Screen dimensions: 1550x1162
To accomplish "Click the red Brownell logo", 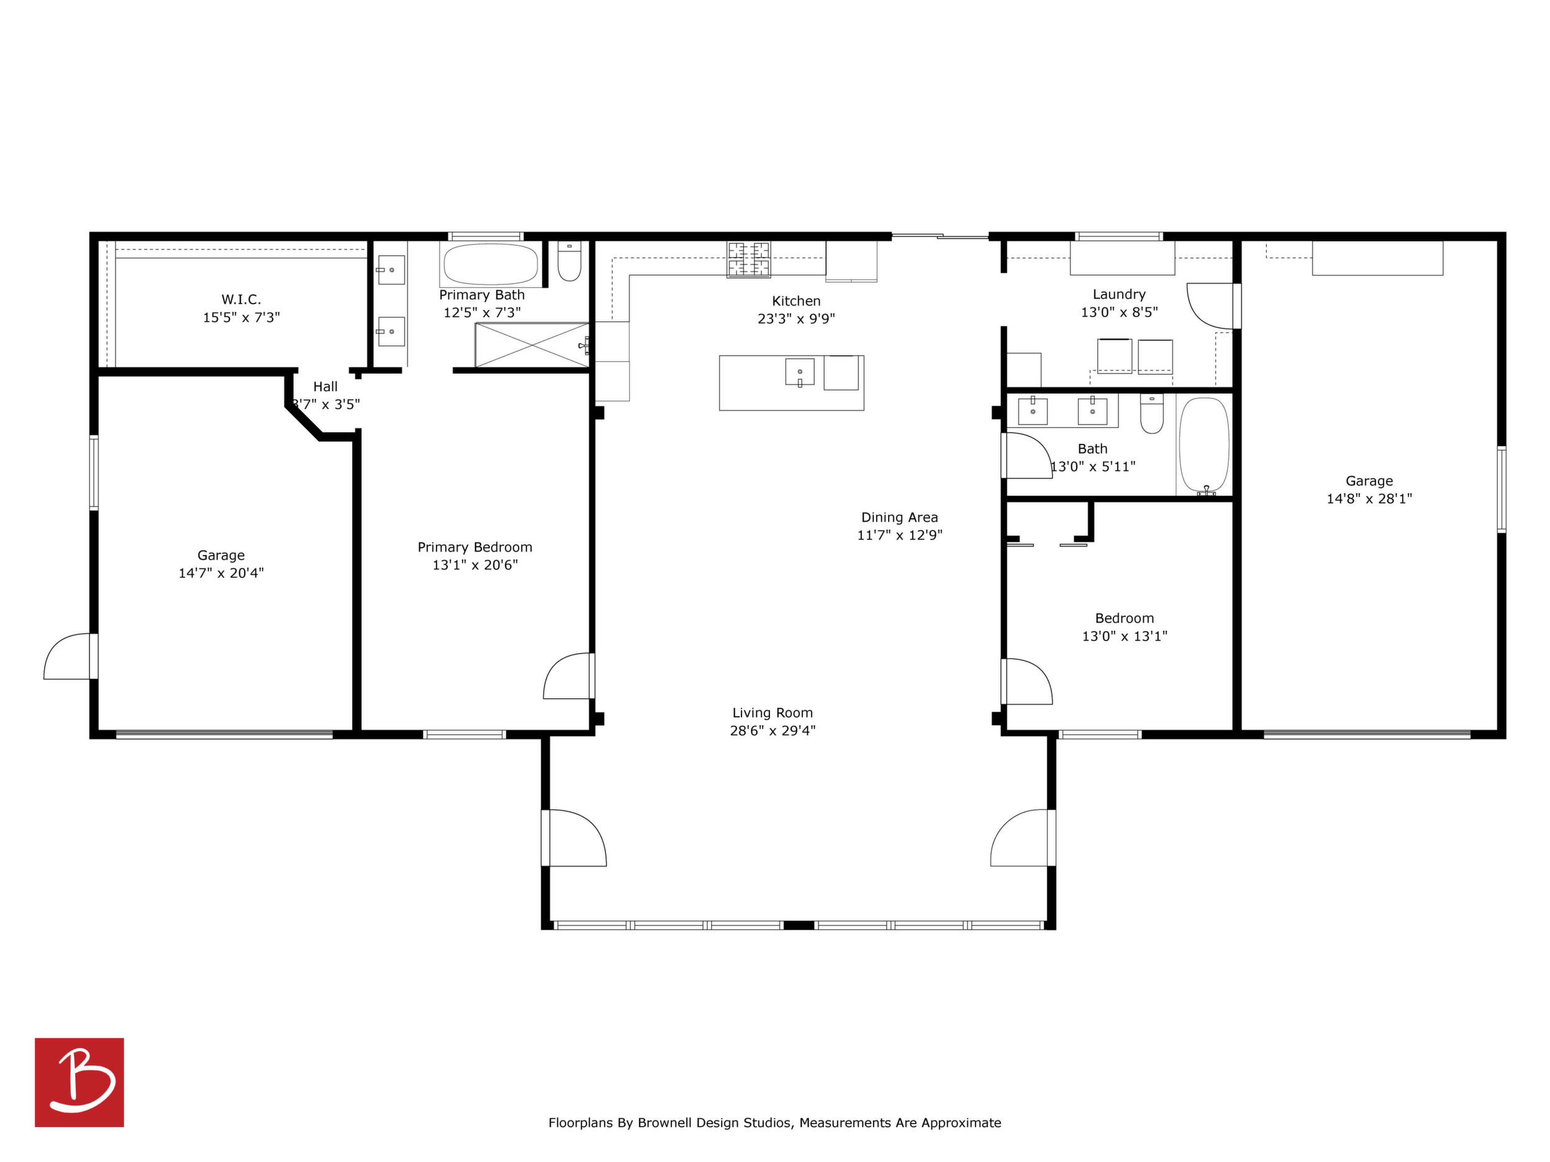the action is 79,1082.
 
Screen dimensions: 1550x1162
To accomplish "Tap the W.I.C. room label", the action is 241,300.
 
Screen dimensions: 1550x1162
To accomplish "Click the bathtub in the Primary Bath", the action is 491,264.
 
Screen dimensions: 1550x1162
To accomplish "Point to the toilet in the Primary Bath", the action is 569,261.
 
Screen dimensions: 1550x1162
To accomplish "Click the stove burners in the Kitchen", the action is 748,259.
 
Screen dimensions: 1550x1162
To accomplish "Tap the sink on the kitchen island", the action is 799,372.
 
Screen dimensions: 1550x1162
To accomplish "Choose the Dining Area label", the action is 900,518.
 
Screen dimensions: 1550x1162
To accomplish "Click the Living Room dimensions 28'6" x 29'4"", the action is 773,731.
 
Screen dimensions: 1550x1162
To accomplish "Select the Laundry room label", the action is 1119,295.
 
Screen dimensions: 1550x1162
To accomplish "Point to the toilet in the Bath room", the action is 1152,413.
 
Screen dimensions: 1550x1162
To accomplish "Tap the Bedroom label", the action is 1124,618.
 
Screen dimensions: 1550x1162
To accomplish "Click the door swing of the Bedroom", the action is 1028,682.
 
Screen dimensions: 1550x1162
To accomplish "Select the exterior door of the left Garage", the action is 69,656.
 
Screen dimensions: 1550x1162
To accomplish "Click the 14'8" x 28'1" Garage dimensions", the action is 1369,498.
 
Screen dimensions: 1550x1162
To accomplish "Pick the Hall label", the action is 325,387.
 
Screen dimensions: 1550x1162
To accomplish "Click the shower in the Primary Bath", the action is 532,345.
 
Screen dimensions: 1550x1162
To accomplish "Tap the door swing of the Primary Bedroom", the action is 568,676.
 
